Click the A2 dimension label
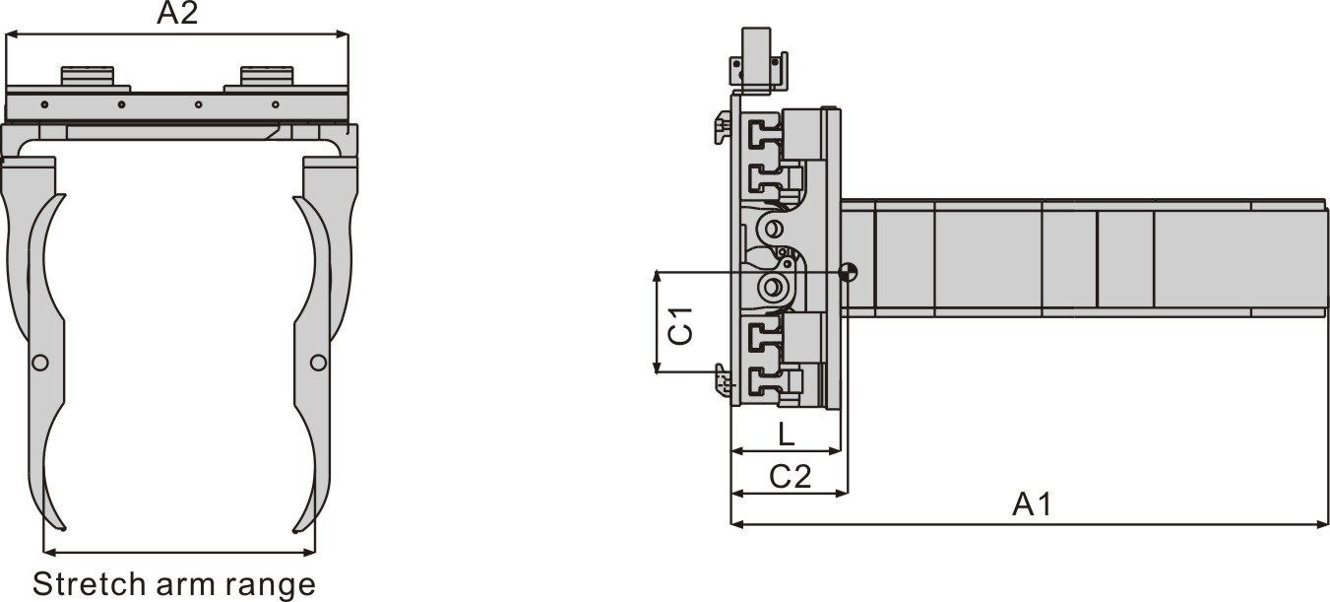click(x=177, y=13)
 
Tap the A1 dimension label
click(x=1032, y=504)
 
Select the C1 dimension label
click(x=680, y=326)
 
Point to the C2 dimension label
click(x=791, y=477)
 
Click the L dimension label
click(x=786, y=435)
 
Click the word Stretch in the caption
click(x=88, y=583)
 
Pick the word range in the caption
click(x=270, y=586)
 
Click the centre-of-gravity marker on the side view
click(x=848, y=273)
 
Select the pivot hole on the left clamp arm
click(x=39, y=363)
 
